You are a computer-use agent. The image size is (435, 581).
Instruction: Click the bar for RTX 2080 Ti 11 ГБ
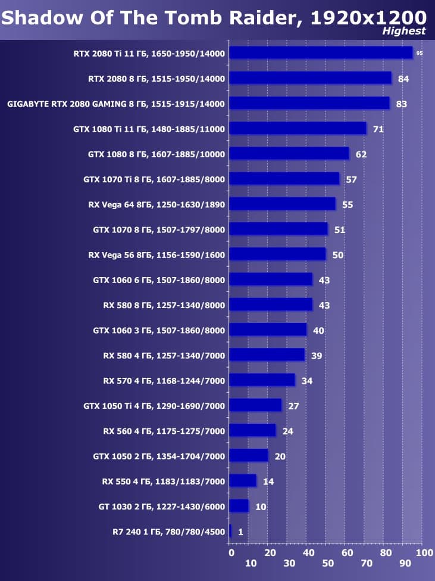point(320,53)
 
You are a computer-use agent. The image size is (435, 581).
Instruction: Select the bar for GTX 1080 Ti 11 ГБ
point(298,129)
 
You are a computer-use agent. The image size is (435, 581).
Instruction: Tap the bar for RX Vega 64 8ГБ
point(282,204)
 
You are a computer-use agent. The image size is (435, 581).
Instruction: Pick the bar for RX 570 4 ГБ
point(262,380)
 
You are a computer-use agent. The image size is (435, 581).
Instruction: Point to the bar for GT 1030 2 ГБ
point(239,506)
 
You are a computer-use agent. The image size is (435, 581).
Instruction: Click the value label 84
point(403,79)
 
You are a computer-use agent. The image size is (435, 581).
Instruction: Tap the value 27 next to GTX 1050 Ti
point(293,406)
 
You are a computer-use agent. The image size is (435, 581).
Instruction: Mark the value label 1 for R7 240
point(240,532)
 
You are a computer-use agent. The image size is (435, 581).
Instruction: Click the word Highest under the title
point(404,31)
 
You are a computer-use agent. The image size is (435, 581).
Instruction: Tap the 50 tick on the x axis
point(327,563)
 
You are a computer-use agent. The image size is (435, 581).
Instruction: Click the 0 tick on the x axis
point(231,553)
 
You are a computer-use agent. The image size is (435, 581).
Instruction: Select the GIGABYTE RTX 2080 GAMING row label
point(116,104)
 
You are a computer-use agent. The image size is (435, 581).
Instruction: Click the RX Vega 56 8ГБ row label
point(157,254)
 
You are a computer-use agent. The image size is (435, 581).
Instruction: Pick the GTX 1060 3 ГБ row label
point(159,330)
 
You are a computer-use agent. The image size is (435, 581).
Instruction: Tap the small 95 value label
point(420,54)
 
